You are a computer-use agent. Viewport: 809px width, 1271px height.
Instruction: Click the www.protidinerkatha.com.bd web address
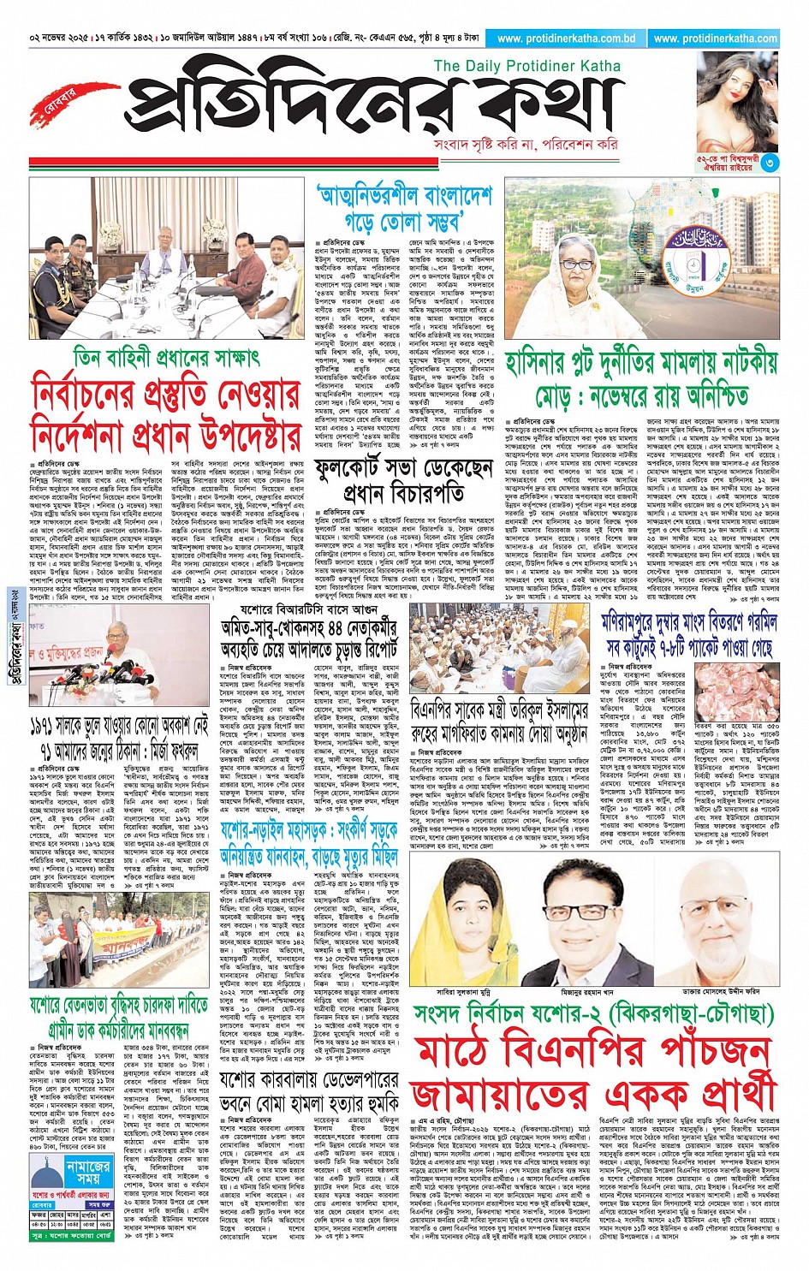(x=566, y=39)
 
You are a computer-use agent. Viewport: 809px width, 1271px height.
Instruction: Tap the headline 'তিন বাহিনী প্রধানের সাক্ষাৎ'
(x=166, y=355)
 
